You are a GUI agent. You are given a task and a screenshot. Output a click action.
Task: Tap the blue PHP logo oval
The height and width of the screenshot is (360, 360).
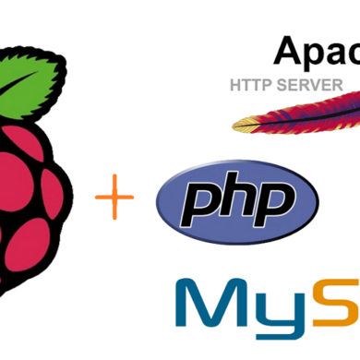pyautogui.click(x=238, y=201)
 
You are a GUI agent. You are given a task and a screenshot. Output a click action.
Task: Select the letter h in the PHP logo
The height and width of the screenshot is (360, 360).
pyautogui.click(x=239, y=198)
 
